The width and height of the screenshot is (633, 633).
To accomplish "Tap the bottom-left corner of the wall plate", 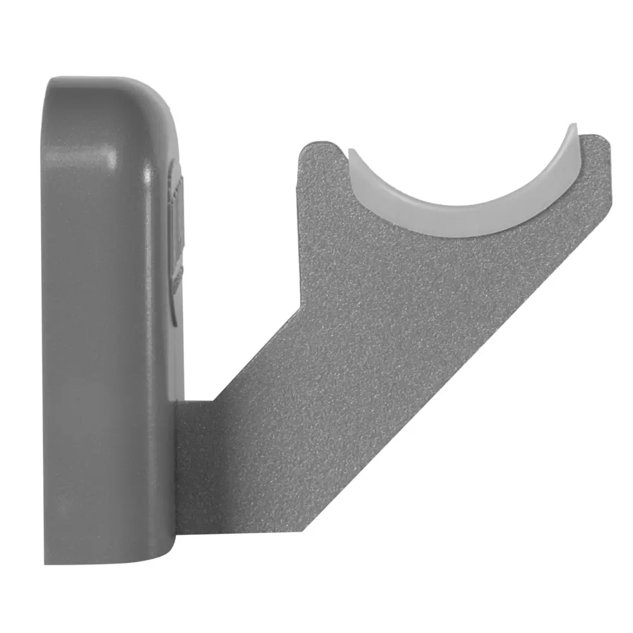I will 47,560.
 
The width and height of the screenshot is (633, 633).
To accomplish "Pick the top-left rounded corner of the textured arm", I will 304,149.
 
